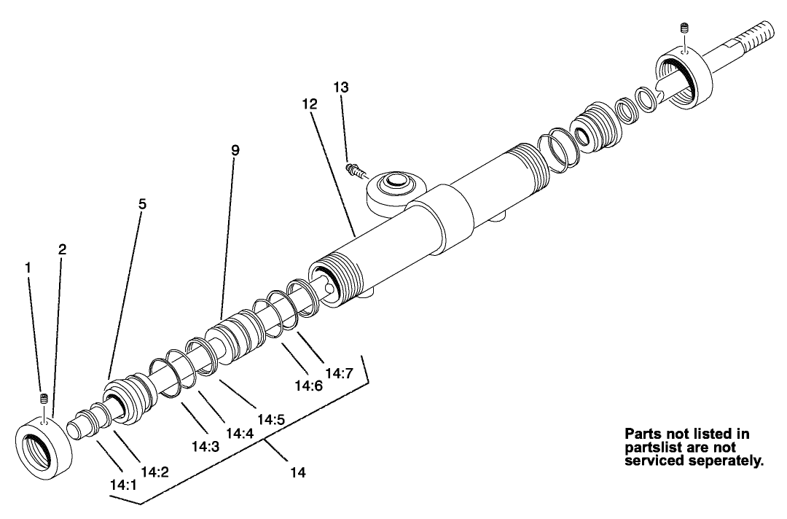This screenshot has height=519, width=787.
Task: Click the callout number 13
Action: (x=341, y=87)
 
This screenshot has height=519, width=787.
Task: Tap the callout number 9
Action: (x=235, y=150)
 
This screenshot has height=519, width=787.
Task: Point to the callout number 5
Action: (x=142, y=204)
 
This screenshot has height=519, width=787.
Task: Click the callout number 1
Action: (x=28, y=268)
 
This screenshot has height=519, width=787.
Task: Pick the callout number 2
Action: (x=62, y=249)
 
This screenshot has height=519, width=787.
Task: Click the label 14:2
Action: (x=155, y=472)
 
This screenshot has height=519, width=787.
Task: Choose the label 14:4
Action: (x=239, y=432)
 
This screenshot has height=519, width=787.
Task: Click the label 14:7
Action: (x=339, y=373)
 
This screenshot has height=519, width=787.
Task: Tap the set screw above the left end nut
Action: (x=43, y=399)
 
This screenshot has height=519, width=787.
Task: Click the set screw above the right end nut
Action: (x=683, y=29)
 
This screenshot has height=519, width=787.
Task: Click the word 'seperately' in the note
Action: (x=721, y=460)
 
